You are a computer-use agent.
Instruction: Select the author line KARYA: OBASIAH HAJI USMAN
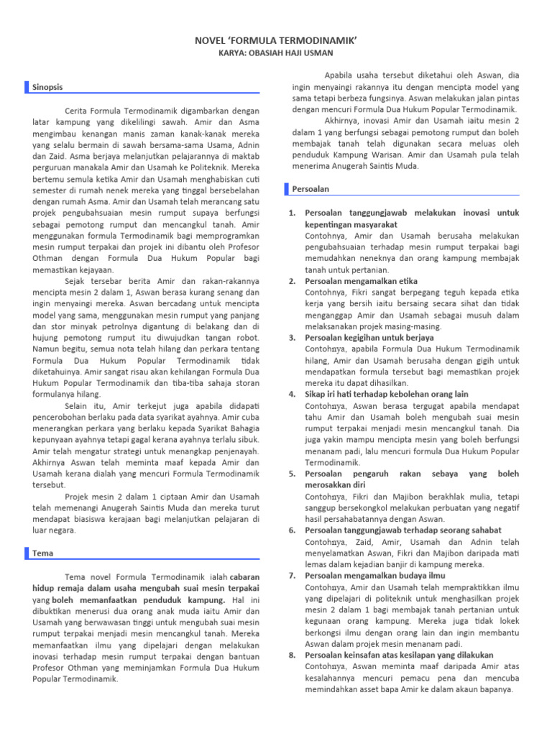(276, 52)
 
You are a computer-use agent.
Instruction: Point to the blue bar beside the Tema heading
(26, 553)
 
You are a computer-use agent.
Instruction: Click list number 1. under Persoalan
(292, 213)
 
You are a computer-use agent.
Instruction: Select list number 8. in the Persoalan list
(292, 655)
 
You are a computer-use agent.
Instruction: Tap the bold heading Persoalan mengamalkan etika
(361, 281)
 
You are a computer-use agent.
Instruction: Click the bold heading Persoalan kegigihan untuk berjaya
(369, 337)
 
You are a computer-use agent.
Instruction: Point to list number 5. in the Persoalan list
(292, 474)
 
